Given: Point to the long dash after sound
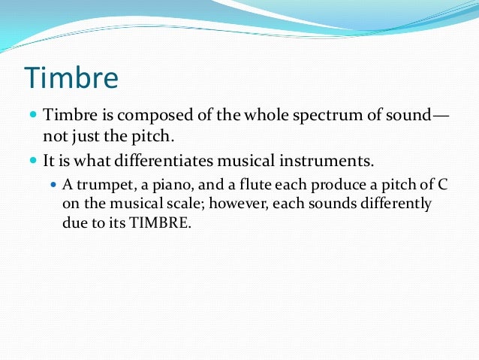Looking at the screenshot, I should tap(441, 116).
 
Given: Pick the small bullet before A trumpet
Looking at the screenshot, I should tap(53, 186).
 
